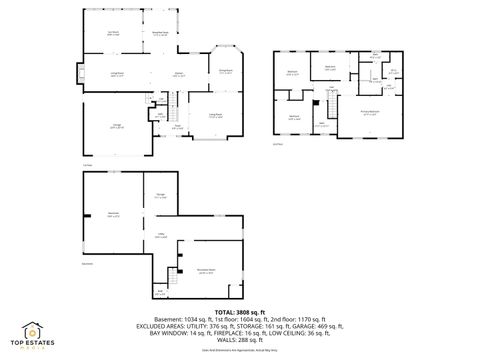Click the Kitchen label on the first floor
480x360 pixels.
179,75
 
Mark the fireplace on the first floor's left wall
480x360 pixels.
79,76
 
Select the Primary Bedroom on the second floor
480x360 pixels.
370,114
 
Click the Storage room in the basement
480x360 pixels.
160,196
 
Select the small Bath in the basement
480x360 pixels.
160,293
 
